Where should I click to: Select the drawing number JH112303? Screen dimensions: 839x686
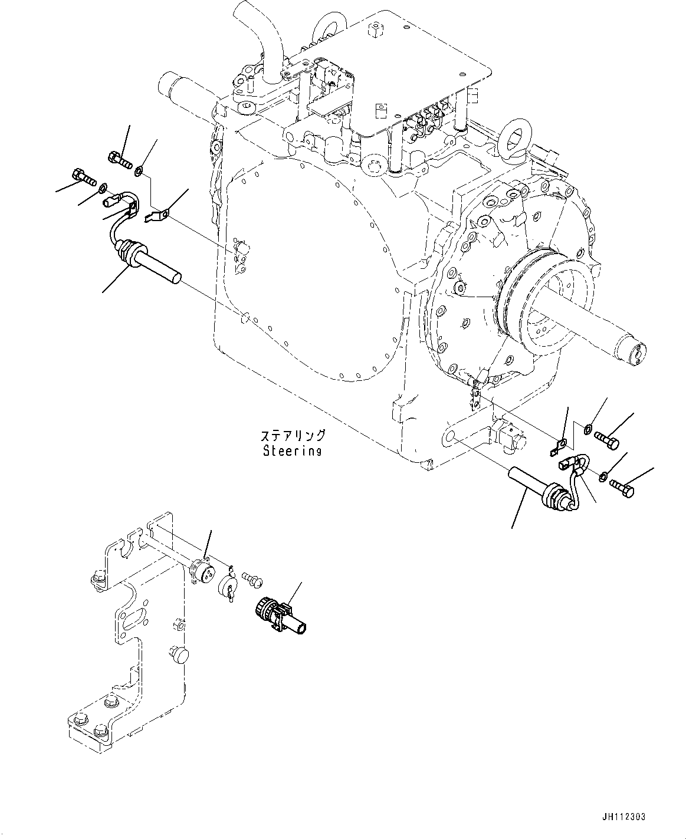point(624,817)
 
